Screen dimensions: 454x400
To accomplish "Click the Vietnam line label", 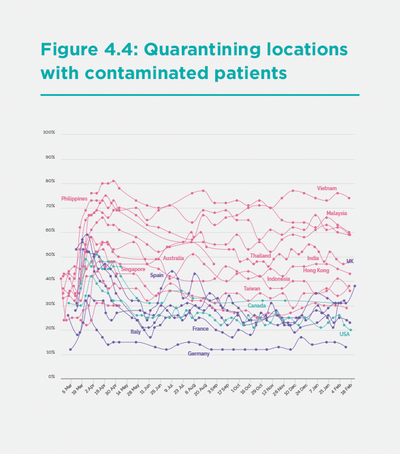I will click(x=326, y=188).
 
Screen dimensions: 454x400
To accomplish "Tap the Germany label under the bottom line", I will click(x=198, y=354).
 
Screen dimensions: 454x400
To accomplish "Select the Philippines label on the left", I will click(x=74, y=199).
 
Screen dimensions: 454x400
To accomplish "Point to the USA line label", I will click(x=344, y=334).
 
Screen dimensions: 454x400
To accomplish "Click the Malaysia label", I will click(x=336, y=213).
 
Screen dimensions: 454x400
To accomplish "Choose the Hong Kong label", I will click(x=316, y=270).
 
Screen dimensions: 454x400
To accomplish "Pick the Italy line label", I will click(x=136, y=332).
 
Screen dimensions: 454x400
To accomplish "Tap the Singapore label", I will click(x=133, y=269).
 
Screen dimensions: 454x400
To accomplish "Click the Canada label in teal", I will click(x=256, y=306).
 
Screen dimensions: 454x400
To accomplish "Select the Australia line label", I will click(x=173, y=258).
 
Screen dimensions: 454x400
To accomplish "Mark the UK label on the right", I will click(x=350, y=261).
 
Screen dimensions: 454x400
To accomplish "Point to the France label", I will click(x=201, y=329).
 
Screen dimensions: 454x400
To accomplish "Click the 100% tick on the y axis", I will click(x=49, y=132).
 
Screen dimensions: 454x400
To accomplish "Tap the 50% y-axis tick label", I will click(x=50, y=255).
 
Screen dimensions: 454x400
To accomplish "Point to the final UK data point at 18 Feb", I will click(x=354, y=286).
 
